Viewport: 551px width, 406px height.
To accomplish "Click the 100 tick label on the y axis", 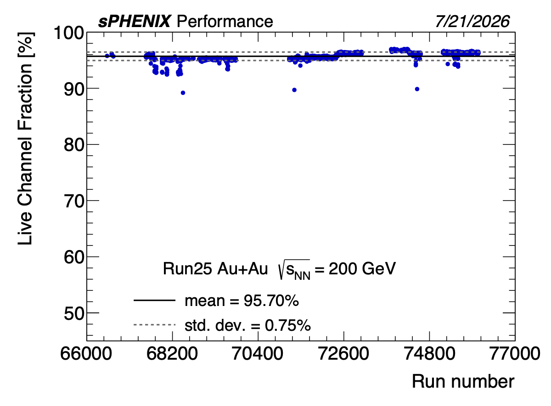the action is (x=69, y=33).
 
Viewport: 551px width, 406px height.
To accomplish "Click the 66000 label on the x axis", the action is (x=86, y=354).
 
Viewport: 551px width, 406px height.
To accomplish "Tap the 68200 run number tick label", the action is (x=172, y=354).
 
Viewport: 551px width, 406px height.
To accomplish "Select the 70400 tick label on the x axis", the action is (x=258, y=354).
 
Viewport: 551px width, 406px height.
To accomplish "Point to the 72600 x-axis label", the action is (x=343, y=354).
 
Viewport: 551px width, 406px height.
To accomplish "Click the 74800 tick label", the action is (x=429, y=354).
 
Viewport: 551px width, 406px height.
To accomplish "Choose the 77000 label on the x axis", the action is (x=515, y=354).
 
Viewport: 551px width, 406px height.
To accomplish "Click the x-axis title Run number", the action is (x=463, y=382).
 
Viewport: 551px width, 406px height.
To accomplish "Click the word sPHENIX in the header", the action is (x=134, y=22).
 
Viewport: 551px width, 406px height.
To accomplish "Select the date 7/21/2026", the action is (x=472, y=22).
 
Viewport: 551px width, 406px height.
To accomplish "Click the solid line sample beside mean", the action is (x=154, y=300).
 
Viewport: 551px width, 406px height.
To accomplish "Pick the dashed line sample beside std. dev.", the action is (x=154, y=325).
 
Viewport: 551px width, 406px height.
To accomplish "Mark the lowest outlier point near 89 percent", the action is (x=183, y=93).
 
